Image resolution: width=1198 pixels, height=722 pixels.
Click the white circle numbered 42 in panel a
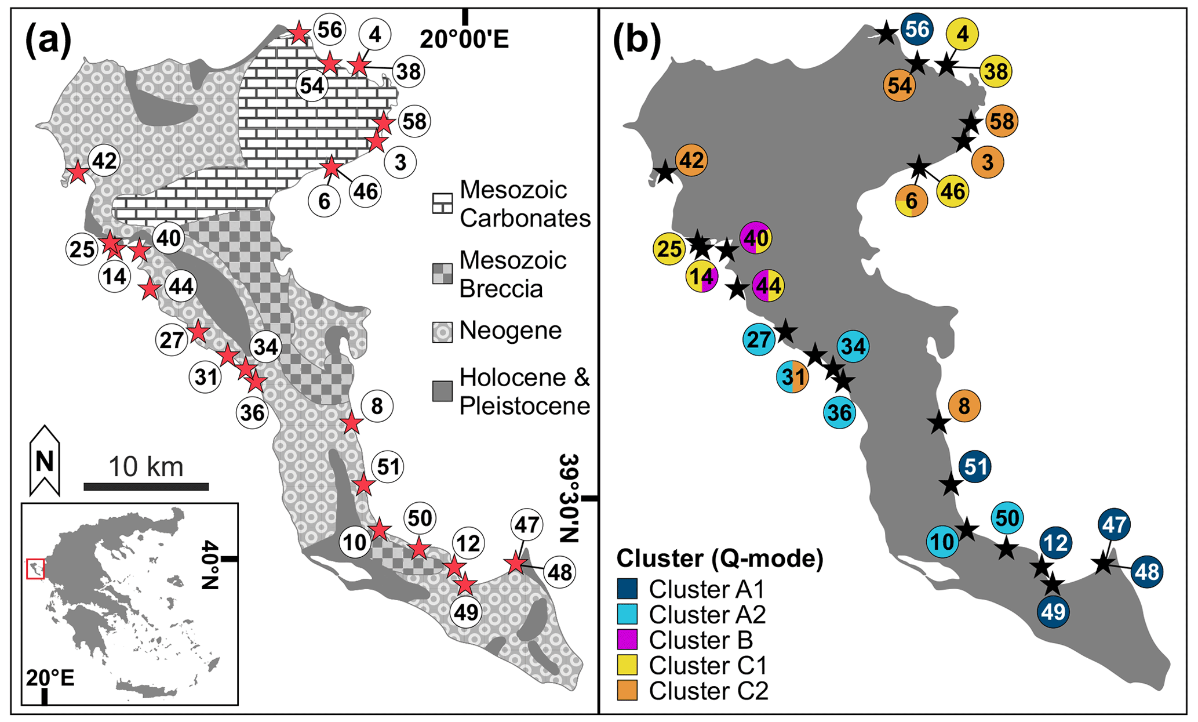104,161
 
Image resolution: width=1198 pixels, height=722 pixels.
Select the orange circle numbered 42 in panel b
691,160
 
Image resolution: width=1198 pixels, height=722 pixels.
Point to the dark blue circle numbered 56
917,29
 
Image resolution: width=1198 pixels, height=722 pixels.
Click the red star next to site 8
351,423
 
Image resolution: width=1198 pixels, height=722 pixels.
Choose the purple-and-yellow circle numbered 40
756,238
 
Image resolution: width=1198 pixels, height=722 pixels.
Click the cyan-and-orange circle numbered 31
792,376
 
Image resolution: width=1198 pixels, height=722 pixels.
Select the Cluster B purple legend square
627,639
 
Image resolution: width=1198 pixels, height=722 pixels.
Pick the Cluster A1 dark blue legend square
627,589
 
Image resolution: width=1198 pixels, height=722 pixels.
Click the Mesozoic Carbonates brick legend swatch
442,204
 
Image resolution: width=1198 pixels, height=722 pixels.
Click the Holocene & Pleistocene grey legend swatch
442,391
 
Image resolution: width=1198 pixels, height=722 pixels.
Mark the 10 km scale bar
146,487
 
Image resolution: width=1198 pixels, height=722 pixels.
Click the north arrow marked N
45,460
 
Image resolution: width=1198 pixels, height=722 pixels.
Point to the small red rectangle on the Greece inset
36,568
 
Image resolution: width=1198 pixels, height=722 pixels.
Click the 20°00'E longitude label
464,39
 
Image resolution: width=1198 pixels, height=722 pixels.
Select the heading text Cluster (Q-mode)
720,558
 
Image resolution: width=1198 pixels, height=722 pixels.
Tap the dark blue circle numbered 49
1053,612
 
